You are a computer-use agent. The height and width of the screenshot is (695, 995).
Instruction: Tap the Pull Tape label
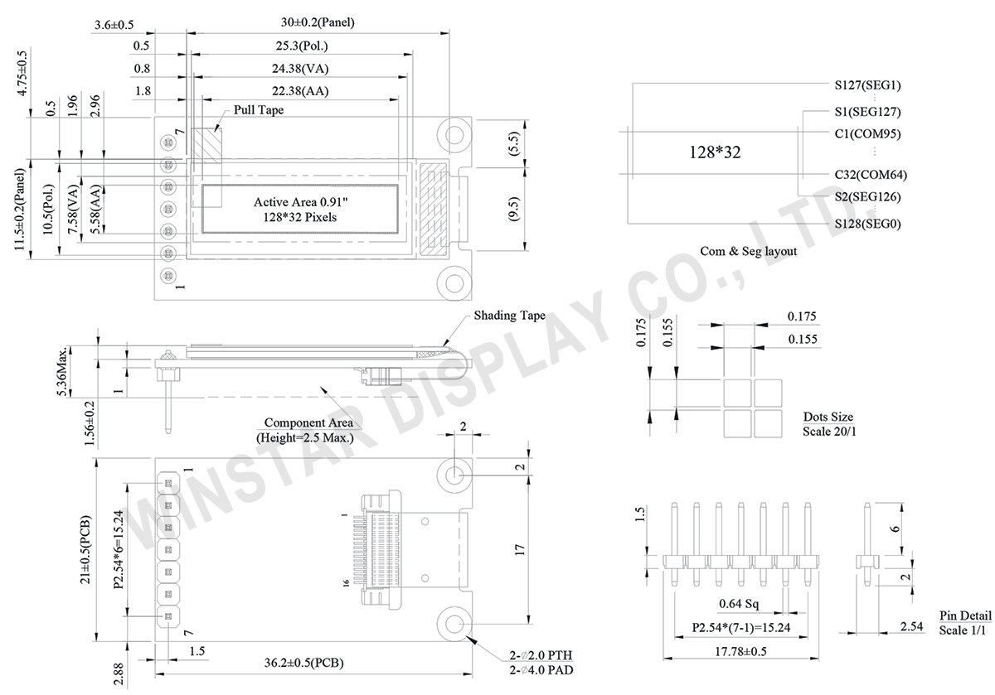(x=259, y=109)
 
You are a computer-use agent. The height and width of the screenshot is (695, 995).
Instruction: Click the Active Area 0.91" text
(x=300, y=201)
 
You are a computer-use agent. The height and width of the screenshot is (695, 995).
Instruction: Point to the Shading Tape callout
(x=509, y=316)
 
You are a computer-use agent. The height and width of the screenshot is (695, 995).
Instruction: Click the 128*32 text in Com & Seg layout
(x=715, y=152)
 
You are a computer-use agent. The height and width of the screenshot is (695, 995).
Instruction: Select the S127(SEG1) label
(x=867, y=84)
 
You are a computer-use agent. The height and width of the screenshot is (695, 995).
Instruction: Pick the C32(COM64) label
(x=870, y=175)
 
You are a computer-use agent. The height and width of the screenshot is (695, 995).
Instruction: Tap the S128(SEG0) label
(x=867, y=224)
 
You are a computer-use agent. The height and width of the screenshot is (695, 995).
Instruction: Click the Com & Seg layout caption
(x=748, y=251)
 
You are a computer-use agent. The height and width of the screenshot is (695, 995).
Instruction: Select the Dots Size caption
(x=828, y=417)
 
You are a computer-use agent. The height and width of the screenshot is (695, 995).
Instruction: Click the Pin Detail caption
(x=965, y=616)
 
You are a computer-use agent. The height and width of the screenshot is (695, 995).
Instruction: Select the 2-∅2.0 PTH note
(x=541, y=655)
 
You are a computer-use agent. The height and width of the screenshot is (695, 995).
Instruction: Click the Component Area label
(x=303, y=423)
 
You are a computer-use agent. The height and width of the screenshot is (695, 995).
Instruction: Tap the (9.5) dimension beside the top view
(x=513, y=210)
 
